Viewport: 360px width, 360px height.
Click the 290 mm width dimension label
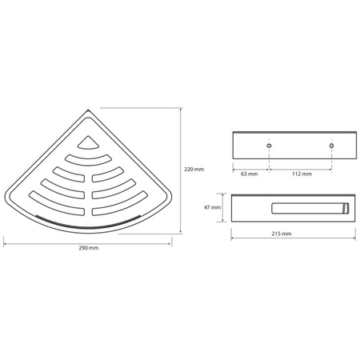(x=89, y=248)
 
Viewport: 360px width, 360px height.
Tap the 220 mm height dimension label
(x=194, y=170)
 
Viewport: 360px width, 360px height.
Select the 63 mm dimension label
(x=250, y=174)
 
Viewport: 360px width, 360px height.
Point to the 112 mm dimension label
(x=302, y=174)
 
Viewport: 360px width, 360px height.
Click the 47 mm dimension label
(x=212, y=207)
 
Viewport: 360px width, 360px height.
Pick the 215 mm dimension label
(x=282, y=234)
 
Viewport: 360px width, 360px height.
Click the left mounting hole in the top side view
(x=269, y=146)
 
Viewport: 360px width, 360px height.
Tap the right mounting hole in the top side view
(x=331, y=146)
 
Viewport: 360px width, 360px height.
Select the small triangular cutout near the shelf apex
(x=88, y=143)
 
